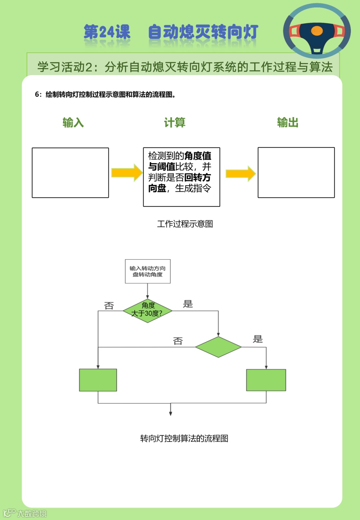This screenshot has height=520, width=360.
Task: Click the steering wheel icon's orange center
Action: [x=317, y=31]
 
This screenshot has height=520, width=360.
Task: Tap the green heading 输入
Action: [x=73, y=122]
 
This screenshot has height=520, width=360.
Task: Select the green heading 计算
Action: [x=174, y=122]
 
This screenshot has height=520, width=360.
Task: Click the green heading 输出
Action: [x=288, y=122]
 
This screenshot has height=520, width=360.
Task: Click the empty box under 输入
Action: [x=70, y=173]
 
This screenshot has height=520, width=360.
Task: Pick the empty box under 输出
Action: [x=296, y=173]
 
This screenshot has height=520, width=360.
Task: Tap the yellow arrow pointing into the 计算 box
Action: [x=127, y=173]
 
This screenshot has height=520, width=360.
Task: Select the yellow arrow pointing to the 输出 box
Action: [x=240, y=173]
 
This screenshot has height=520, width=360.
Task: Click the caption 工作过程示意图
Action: [x=185, y=224]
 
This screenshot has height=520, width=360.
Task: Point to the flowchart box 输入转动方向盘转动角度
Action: [x=148, y=272]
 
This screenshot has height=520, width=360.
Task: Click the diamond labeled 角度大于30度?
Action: [x=147, y=311]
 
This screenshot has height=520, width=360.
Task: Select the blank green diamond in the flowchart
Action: [x=218, y=347]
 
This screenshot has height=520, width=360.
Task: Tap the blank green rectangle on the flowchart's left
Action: [x=98, y=380]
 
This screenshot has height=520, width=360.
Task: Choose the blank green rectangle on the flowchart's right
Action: [x=266, y=380]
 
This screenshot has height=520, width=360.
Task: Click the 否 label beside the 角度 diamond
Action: [x=109, y=306]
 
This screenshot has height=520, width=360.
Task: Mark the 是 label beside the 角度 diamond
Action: [x=188, y=304]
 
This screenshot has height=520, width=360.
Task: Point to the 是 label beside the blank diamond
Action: [x=258, y=339]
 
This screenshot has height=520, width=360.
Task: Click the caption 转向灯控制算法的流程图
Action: [x=184, y=438]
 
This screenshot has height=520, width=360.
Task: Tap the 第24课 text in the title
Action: [x=107, y=32]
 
